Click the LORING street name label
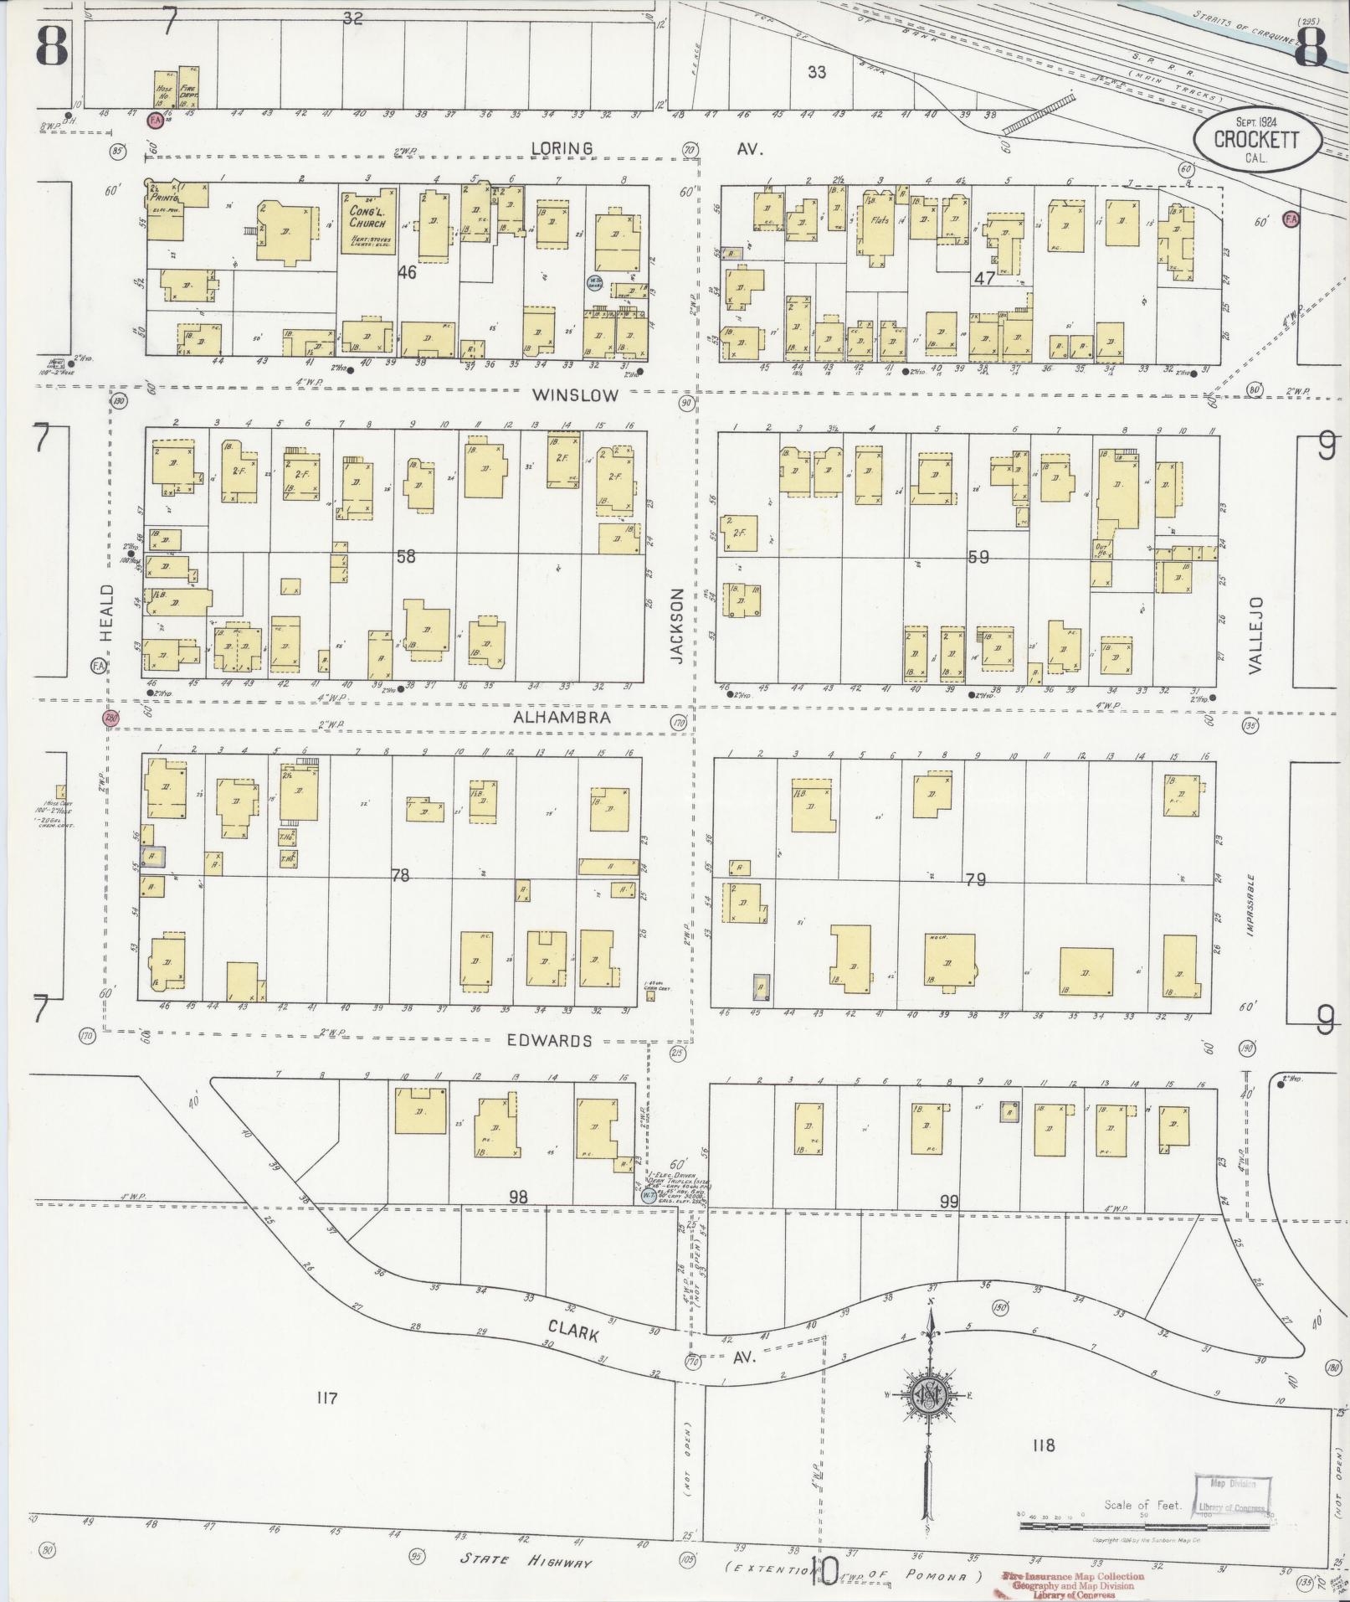562,148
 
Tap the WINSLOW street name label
577,394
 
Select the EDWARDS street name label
549,1041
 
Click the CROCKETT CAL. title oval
1256,138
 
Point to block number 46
407,272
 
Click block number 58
405,555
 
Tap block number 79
975,879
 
